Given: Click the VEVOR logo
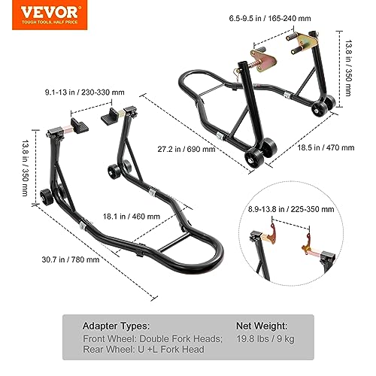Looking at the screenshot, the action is [50, 15].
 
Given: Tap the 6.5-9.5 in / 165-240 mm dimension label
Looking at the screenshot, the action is [270, 18].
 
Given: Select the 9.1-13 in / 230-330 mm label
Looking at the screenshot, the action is [85, 92].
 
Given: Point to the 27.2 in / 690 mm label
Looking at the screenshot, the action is [186, 149].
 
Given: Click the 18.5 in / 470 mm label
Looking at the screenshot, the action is [326, 147].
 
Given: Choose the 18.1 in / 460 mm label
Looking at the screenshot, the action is [132, 217].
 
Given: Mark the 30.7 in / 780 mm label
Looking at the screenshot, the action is [71, 259].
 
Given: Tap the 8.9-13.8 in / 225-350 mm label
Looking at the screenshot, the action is [291, 209].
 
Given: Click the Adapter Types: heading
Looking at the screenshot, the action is [116, 326].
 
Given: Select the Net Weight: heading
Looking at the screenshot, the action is [262, 326].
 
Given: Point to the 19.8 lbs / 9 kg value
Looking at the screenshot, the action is [265, 339].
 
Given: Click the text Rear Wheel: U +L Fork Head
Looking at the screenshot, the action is [144, 350].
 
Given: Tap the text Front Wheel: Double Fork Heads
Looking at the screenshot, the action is [153, 339].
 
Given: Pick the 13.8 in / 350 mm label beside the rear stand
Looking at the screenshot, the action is [26, 168].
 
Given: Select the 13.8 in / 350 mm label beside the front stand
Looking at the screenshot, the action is [349, 68].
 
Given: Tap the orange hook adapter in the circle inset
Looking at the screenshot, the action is [307, 244].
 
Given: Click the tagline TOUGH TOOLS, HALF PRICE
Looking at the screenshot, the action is [50, 22].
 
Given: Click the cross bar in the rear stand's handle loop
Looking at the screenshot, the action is [174, 243].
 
